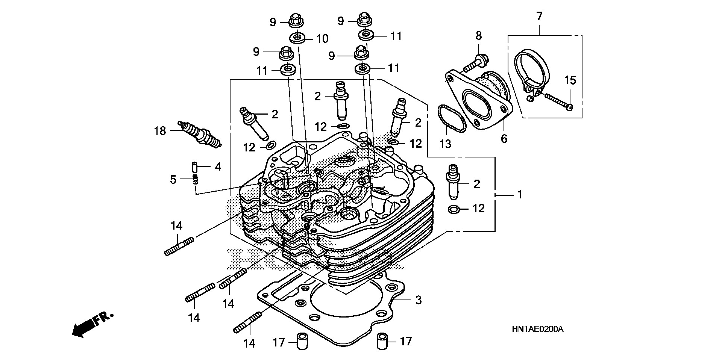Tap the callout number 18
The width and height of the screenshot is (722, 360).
(160, 131)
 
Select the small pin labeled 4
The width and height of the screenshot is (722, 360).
(195, 166)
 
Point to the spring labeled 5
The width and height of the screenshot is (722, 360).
(195, 179)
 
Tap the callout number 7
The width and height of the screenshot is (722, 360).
(539, 16)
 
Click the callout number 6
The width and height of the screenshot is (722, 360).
(504, 139)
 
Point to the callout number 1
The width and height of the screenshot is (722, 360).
(520, 195)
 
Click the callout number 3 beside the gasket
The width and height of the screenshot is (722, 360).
(418, 300)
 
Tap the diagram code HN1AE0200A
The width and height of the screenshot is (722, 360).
(537, 330)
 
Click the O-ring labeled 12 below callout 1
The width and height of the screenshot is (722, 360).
(454, 209)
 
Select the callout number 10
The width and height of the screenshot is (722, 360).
(322, 38)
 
